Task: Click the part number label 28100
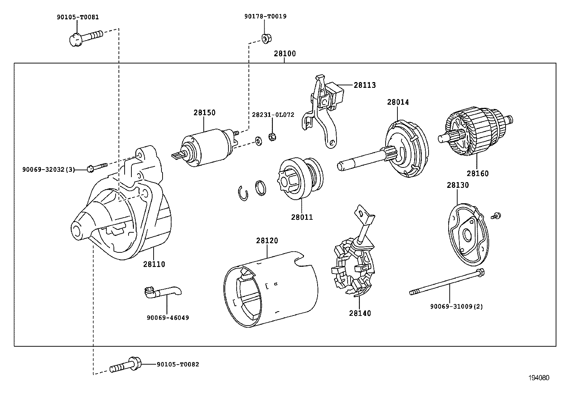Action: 285,54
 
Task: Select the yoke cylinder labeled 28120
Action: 270,289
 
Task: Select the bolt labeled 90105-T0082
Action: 125,365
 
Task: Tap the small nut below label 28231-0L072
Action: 272,137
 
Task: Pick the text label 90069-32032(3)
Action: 49,170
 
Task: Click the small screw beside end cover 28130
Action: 497,215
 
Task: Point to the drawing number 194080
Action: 538,378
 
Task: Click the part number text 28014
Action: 397,102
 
